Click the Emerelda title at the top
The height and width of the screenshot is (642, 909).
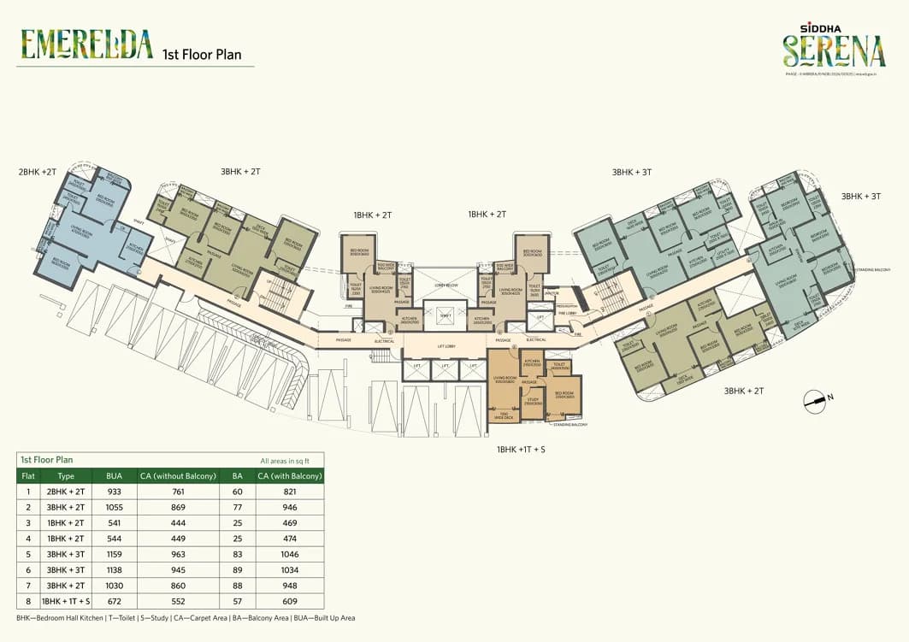87,44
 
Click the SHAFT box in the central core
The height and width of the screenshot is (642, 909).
445,315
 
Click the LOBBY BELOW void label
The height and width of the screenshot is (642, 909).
445,285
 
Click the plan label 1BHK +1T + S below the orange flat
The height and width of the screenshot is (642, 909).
521,449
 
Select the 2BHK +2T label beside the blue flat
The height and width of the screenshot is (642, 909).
38,172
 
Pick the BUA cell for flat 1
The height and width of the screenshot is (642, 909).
114,492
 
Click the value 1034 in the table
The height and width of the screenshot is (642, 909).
290,569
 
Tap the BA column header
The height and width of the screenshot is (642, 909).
237,475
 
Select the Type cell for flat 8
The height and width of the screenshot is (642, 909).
66,600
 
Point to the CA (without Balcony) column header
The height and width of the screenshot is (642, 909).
178,475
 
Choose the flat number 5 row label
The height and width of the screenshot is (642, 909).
28,553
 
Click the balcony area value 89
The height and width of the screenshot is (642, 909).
237,569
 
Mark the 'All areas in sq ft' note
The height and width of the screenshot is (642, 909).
291,460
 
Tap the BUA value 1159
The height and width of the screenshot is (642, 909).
114,553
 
